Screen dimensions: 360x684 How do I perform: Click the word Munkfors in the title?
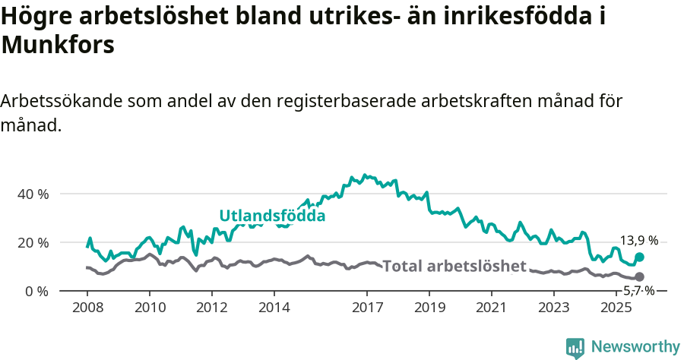pos(58,45)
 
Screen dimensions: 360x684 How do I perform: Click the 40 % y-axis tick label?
pos(33,194)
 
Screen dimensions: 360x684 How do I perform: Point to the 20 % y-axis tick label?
pos(33,242)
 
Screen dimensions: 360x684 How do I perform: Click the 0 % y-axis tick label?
pos(36,291)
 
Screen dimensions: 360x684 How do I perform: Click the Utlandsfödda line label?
pos(272,216)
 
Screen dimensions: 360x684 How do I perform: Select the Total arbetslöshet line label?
pos(454,266)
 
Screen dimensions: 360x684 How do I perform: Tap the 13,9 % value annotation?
pos(638,241)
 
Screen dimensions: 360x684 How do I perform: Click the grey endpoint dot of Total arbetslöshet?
pos(639,277)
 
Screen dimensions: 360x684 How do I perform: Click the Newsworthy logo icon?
pos(575,348)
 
